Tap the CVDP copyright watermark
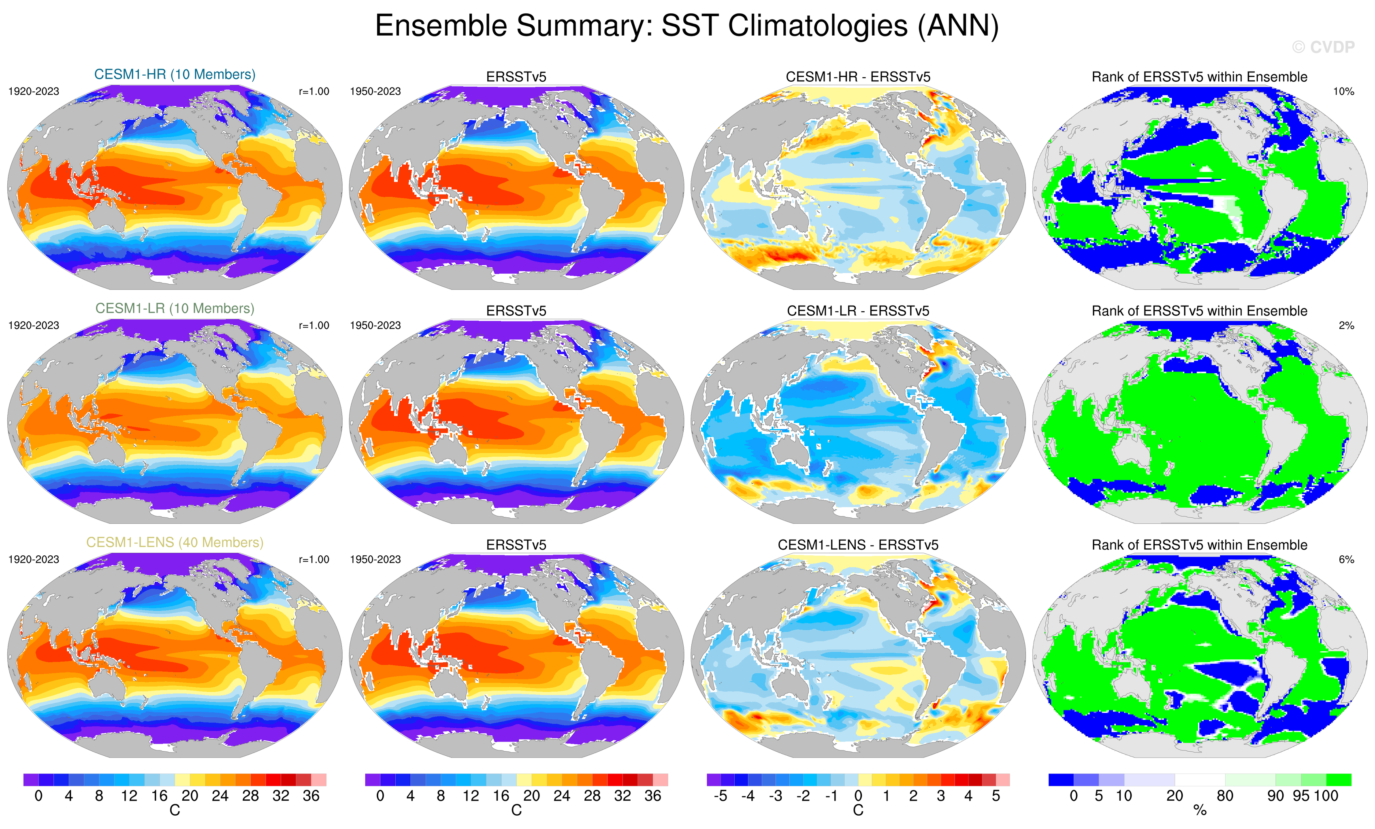tap(1323, 47)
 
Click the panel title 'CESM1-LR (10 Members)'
tap(175, 308)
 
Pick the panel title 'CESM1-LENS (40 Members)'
tap(175, 542)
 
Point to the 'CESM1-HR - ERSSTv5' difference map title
tap(858, 77)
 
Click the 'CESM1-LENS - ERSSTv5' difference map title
tap(858, 544)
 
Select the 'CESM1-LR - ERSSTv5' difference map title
tap(858, 311)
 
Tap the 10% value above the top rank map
tap(1343, 91)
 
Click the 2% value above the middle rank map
tap(1346, 325)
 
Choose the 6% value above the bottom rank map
tap(1346, 559)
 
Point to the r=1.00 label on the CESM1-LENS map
tap(313, 559)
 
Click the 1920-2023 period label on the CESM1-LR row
tap(34, 325)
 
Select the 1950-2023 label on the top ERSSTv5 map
tap(375, 91)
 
